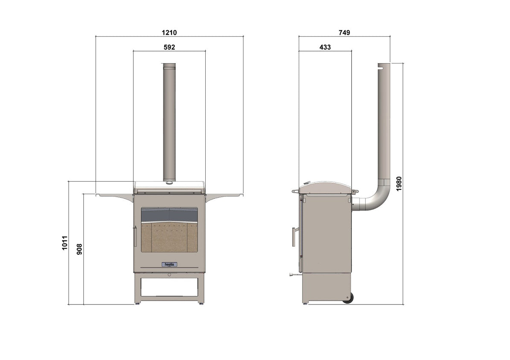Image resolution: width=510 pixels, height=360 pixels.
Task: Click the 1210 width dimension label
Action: coord(169,32)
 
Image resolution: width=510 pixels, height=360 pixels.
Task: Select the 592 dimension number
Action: coord(169,47)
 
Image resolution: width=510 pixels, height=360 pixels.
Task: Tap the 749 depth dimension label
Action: coord(344,32)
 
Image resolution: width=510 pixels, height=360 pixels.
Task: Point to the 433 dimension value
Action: coord(325,47)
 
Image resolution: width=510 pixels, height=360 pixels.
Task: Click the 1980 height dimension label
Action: coord(399,184)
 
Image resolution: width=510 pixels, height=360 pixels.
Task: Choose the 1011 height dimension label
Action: coord(65,243)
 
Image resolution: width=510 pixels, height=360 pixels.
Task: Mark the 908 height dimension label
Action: coord(79,249)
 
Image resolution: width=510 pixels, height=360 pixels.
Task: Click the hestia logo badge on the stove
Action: coord(169,264)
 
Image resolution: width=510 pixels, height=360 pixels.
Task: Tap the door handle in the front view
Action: coord(135,237)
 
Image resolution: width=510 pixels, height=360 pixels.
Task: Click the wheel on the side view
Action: coord(348,298)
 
